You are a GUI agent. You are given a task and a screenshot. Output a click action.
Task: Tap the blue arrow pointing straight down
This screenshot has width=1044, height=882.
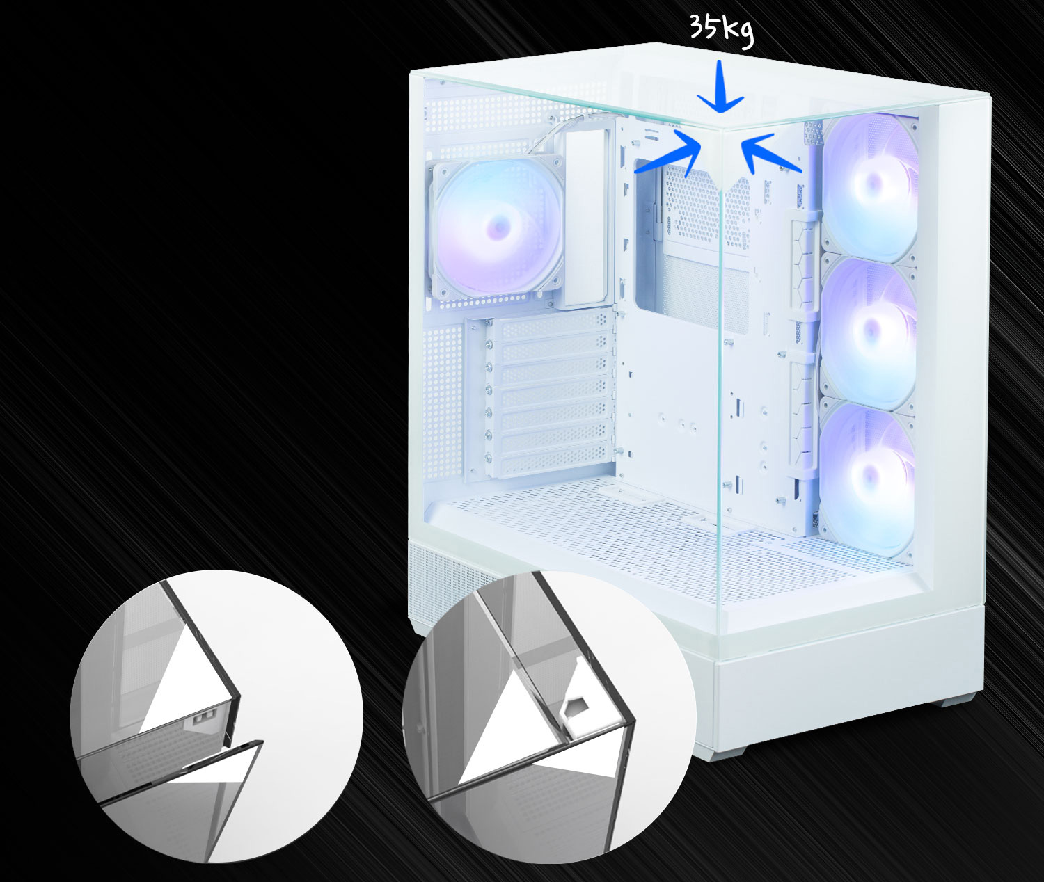720,87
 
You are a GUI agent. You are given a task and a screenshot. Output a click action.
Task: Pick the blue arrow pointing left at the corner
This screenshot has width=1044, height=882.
770,154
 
